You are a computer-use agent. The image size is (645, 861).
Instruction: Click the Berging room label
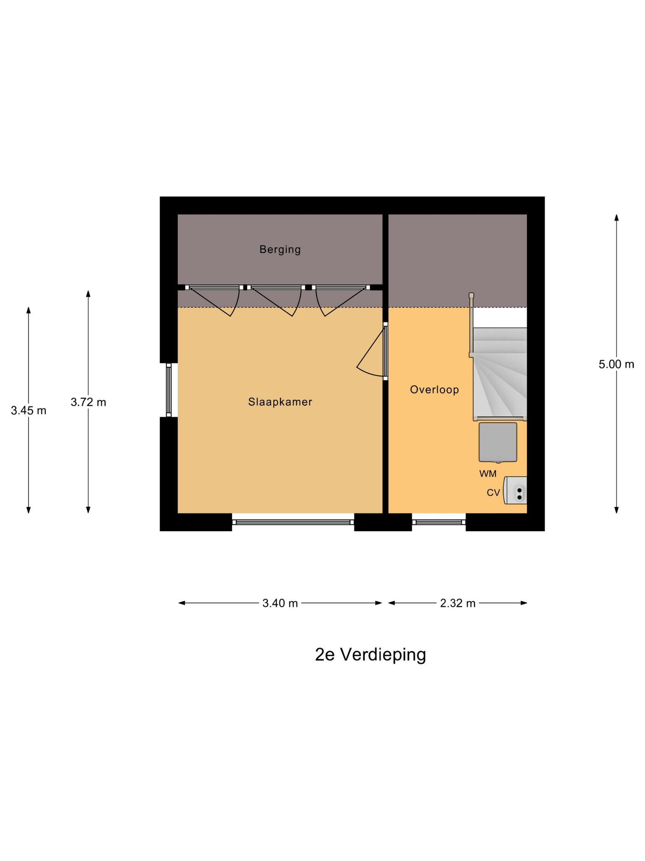click(x=280, y=250)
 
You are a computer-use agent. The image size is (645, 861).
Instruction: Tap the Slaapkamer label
click(x=280, y=402)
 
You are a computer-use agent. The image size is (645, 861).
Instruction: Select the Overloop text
click(x=434, y=390)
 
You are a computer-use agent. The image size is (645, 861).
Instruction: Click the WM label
click(x=488, y=474)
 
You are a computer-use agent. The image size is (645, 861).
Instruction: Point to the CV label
click(x=493, y=493)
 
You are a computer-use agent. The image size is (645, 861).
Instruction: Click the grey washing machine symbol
click(x=498, y=442)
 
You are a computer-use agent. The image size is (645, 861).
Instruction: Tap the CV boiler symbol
click(x=515, y=490)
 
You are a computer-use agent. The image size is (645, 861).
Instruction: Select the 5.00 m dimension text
click(x=616, y=364)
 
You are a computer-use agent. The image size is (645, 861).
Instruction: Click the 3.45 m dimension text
click(x=29, y=411)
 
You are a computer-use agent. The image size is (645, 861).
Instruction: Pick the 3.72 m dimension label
click(x=88, y=402)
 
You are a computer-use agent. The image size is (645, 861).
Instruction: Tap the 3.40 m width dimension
click(x=280, y=603)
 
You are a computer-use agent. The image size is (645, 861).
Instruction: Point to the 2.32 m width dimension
click(x=458, y=603)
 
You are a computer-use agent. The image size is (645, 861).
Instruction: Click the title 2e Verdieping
click(x=370, y=655)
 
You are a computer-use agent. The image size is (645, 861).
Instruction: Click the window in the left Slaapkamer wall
click(x=169, y=390)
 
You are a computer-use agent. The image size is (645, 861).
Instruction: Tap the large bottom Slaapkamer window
click(x=293, y=522)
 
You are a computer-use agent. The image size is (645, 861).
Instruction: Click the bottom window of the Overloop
click(x=439, y=522)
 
